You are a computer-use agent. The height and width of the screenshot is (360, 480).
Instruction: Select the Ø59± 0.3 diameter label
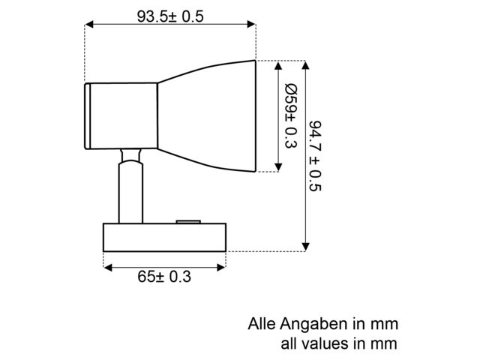pyautogui.click(x=291, y=115)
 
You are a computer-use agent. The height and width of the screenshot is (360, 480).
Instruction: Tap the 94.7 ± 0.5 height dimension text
pyautogui.click(x=316, y=154)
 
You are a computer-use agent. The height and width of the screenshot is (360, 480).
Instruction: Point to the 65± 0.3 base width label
pyautogui.click(x=164, y=277)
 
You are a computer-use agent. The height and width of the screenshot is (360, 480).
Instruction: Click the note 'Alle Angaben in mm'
pyautogui.click(x=322, y=325)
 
